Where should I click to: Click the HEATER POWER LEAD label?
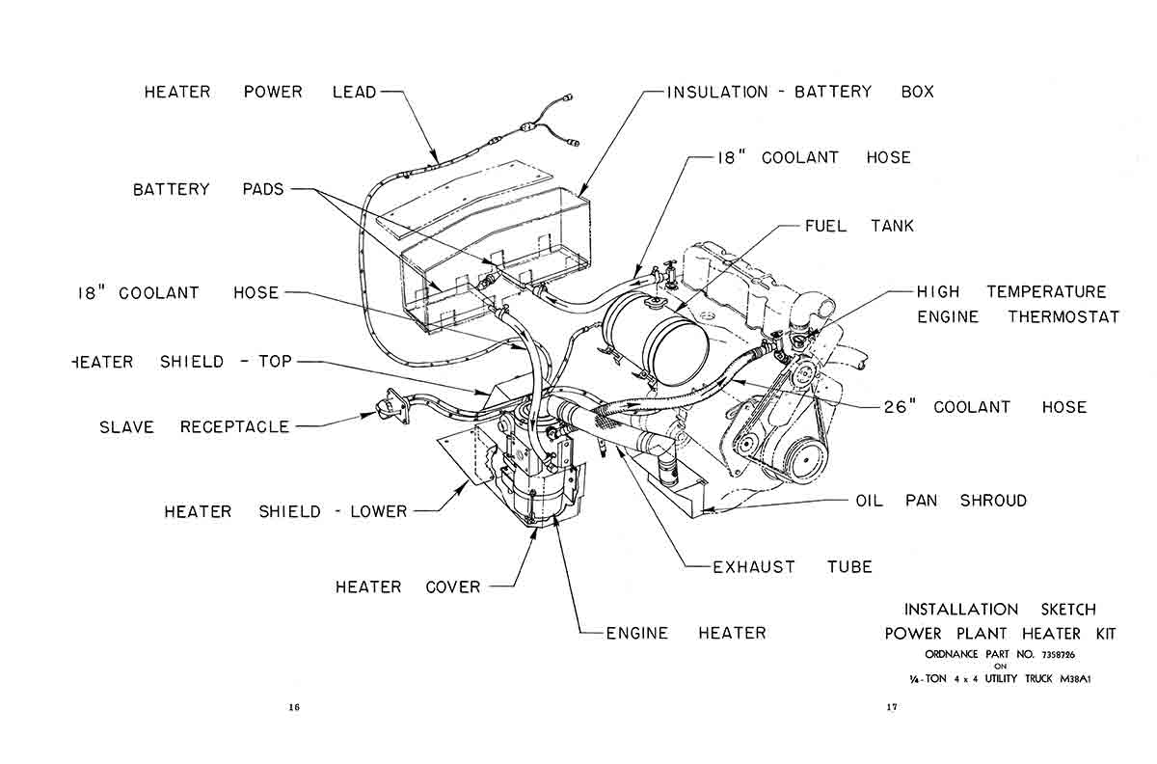click(x=259, y=93)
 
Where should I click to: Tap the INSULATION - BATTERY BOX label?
click(x=800, y=93)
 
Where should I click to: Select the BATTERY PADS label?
click(x=208, y=190)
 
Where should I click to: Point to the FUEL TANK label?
click(x=859, y=227)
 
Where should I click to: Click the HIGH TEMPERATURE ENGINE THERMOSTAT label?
click(x=1011, y=304)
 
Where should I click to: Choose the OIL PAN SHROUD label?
click(x=941, y=502)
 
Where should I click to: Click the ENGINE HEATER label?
click(x=686, y=634)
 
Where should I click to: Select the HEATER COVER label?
click(x=407, y=587)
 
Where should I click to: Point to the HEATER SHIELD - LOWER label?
click(x=285, y=512)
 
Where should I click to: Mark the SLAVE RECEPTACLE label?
click(x=194, y=427)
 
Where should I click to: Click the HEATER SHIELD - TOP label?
click(x=182, y=363)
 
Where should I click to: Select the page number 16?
click(x=294, y=708)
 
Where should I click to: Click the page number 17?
click(x=892, y=708)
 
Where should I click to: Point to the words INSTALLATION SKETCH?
click(x=1000, y=610)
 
